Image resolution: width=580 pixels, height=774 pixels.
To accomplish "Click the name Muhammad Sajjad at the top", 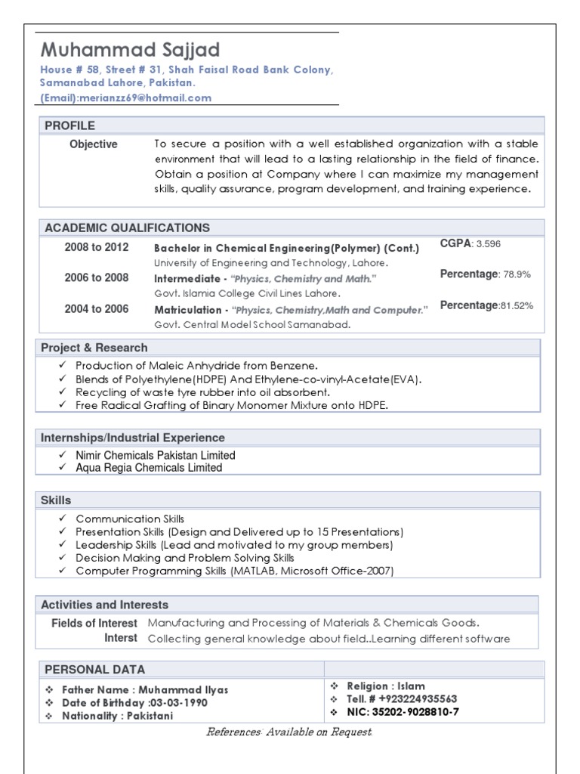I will [130, 51].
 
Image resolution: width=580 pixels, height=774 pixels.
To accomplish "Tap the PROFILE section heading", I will [70, 125].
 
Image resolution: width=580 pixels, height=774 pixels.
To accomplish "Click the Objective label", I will [94, 144].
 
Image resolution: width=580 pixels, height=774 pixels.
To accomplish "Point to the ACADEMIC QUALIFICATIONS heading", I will [128, 228].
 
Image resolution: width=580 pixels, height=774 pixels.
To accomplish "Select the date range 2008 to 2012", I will [97, 247].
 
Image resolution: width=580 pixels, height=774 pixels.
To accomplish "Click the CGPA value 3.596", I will [488, 244].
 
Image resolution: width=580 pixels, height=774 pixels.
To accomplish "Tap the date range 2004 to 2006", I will [97, 309].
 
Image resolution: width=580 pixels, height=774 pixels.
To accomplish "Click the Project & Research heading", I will [94, 348].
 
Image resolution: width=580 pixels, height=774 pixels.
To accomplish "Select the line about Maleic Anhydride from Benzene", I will [191, 366].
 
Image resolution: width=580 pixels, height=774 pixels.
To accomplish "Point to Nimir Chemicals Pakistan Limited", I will [156, 456].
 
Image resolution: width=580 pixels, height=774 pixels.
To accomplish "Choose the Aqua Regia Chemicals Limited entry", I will [149, 468].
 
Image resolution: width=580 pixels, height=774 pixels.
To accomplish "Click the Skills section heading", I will [56, 500].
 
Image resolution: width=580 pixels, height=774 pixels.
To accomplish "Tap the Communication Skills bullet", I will [130, 519].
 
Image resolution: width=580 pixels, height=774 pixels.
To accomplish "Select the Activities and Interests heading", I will [105, 605].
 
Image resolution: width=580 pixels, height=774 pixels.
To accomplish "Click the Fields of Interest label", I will [94, 624].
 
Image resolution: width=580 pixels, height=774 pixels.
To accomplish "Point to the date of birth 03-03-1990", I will [177, 703].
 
